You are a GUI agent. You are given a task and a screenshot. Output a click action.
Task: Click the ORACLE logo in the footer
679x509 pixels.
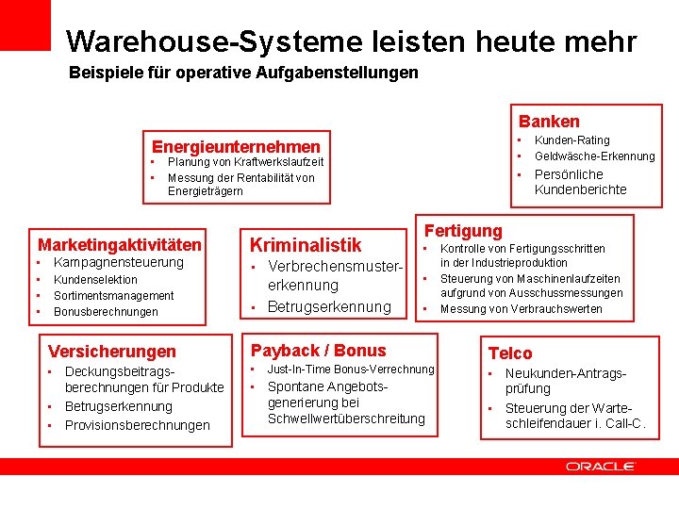pos(601,467)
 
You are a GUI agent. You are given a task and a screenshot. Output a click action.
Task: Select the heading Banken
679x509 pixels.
pos(549,122)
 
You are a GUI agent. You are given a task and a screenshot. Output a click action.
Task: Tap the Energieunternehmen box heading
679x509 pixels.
pos(236,146)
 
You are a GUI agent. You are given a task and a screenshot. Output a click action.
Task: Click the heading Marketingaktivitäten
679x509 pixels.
pos(120,245)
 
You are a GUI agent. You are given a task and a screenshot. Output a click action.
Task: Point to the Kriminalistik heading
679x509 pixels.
pos(305,245)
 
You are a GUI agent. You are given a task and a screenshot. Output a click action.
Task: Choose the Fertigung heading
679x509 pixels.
pos(463,231)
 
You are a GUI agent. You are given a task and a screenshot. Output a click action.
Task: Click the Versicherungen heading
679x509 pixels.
pos(111,352)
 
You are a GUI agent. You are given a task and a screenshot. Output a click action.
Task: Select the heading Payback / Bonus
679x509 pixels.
pos(318,351)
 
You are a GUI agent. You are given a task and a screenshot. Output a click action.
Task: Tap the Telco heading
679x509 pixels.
pos(509,353)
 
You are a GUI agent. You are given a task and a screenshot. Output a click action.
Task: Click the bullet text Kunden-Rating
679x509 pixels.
pos(571,140)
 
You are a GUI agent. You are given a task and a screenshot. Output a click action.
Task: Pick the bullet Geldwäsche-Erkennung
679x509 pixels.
pos(594,156)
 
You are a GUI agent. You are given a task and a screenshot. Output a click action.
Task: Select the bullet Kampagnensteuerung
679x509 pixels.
pos(119,262)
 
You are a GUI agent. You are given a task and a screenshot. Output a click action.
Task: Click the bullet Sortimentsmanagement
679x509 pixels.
pos(114,296)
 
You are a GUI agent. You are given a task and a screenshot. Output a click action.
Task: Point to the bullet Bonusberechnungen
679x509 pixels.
pos(106,312)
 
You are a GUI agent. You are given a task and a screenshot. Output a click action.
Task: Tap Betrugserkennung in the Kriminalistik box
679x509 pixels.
pos(329,306)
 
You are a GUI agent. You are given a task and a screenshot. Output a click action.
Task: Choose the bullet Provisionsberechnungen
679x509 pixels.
pos(137,425)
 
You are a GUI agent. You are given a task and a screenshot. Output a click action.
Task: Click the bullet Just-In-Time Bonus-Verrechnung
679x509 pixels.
pos(351,369)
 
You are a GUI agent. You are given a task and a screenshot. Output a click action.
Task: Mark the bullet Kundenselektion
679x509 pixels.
pos(95,280)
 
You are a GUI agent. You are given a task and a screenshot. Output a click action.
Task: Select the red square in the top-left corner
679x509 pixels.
pos(25,25)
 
